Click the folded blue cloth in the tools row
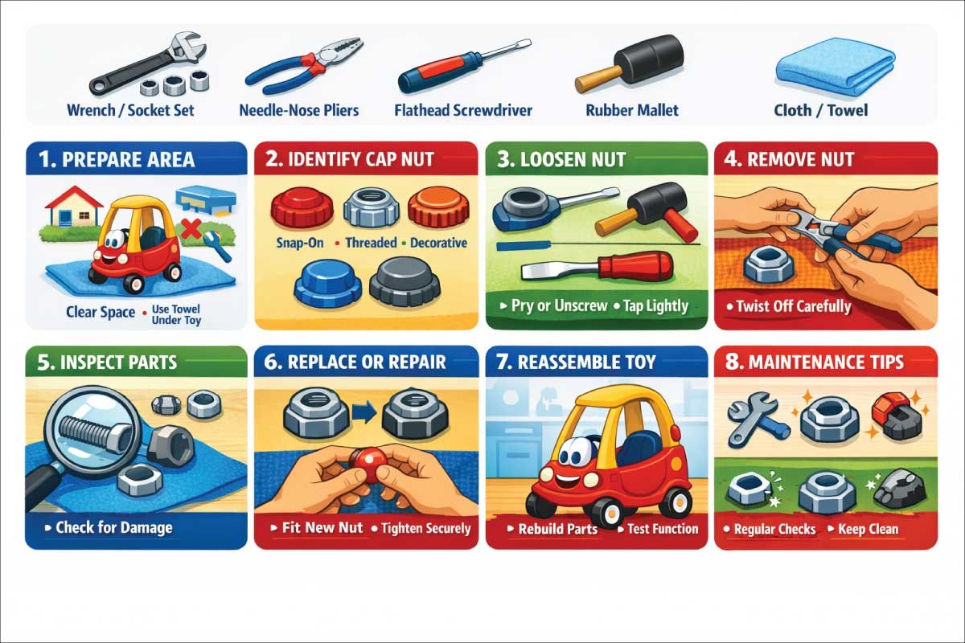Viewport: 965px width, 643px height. coord(835,67)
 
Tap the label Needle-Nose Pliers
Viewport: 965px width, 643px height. coord(299,110)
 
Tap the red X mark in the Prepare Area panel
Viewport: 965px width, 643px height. coord(192,229)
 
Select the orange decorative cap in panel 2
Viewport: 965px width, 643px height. coord(437,206)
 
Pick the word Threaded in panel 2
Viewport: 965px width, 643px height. coord(372,243)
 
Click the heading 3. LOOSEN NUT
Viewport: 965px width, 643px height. coord(561,159)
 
